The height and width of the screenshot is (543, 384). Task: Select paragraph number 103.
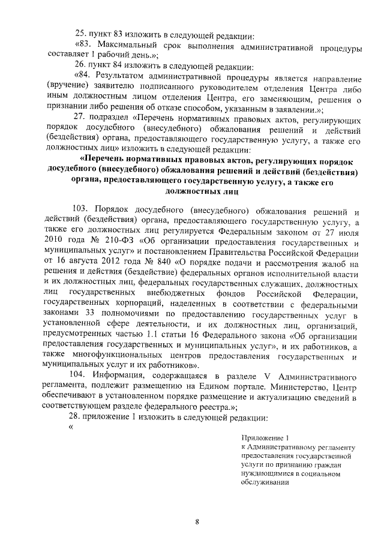point(82,211)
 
